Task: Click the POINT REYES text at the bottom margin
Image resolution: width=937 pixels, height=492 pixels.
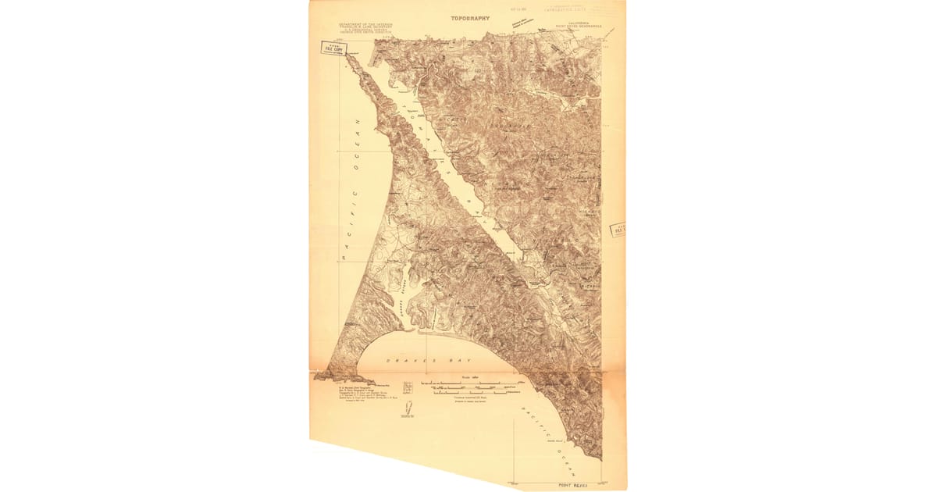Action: pos(574,485)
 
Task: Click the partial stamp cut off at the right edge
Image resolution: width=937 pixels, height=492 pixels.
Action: pos(618,230)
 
